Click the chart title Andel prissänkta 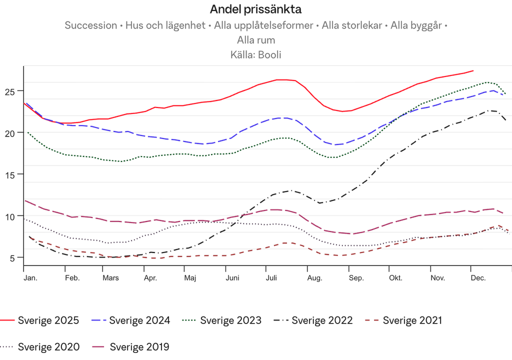[x=255, y=9]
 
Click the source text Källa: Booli [x=255, y=55]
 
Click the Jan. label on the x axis [x=29, y=278]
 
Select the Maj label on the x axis [x=189, y=278]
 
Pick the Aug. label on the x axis [x=314, y=278]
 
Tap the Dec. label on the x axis [x=478, y=278]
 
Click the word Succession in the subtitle [x=90, y=26]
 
